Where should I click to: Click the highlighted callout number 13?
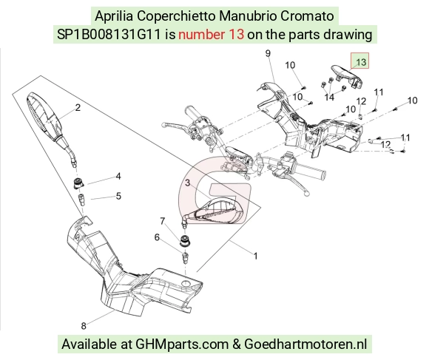pos(361,62)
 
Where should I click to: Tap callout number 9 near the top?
pos(268,53)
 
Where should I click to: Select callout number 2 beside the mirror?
pos(78,107)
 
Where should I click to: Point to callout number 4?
pos(118,176)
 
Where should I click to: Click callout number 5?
pos(118,196)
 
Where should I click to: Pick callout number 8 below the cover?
pos(84,325)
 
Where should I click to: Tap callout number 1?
pos(255,256)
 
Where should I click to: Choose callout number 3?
pos(187,183)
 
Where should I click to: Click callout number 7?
pos(163,220)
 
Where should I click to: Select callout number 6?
pos(157,237)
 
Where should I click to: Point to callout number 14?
pos(329,97)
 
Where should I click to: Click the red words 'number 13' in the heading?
pos(211,35)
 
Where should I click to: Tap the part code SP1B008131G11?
pos(108,35)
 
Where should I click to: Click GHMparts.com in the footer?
pos(182,344)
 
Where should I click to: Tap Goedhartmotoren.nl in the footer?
pos(305,344)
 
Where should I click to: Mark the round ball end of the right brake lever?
pos(307,193)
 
